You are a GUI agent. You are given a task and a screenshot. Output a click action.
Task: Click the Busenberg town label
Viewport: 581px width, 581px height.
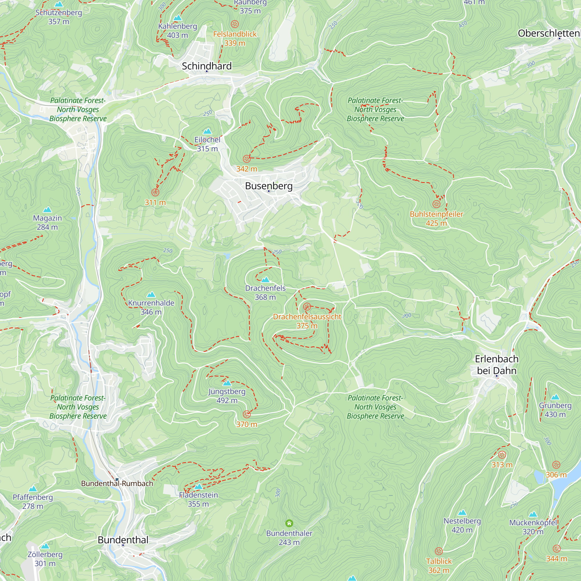(268, 186)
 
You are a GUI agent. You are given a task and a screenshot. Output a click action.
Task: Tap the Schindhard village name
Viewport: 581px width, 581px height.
(207, 66)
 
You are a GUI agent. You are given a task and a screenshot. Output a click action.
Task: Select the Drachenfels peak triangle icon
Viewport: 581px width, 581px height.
(265, 280)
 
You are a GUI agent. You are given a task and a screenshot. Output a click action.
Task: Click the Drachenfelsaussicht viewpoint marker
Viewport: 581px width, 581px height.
(307, 307)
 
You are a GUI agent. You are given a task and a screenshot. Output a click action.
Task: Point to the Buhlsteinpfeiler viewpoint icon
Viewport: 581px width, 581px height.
(436, 204)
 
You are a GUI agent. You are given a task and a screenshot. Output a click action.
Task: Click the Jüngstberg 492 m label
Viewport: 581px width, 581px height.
(227, 396)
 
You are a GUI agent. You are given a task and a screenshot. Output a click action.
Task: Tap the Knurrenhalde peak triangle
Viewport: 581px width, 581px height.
(151, 295)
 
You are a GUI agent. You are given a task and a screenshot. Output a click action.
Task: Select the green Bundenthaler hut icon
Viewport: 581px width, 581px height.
(289, 523)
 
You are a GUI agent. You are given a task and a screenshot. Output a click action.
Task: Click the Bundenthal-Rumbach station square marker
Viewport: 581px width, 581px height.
(117, 480)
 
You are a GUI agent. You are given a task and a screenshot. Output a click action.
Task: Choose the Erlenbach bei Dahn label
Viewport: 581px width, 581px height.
(496, 365)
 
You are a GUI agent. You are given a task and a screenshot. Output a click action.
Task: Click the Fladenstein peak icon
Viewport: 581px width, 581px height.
(198, 487)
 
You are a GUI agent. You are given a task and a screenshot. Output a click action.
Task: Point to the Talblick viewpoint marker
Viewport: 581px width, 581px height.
(439, 551)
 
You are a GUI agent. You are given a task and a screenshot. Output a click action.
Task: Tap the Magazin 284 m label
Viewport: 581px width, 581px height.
(47, 223)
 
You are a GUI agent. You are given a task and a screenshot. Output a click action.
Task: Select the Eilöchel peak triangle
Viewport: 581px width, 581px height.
(207, 131)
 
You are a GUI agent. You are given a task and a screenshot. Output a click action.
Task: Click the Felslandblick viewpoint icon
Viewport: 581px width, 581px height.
(234, 24)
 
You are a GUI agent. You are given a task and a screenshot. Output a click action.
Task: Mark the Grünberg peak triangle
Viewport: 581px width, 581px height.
(555, 397)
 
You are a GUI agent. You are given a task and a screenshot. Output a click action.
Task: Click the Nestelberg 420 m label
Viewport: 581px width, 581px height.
(462, 525)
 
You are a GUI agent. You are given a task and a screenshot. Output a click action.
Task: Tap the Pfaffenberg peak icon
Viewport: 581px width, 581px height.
(33, 489)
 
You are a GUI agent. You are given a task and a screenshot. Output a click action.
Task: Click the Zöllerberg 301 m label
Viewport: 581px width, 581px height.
(45, 559)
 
